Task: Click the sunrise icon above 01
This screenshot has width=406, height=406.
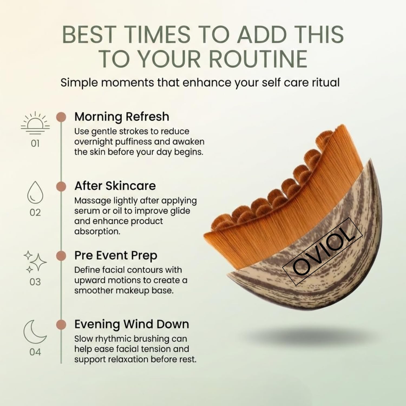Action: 35,123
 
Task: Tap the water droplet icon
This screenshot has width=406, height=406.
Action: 35,192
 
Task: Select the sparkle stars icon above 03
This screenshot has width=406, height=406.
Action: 35,262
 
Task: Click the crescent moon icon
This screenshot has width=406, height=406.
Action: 35,332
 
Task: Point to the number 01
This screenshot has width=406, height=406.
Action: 35,143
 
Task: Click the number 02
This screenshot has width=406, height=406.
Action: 35,213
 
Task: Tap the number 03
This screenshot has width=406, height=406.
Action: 35,282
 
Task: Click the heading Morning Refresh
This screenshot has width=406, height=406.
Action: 122,117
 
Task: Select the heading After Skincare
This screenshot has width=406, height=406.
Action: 115,186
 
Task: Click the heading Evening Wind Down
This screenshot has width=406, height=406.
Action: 132,324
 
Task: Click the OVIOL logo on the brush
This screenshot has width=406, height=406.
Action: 322,252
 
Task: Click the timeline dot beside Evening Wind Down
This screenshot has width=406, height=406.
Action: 61,325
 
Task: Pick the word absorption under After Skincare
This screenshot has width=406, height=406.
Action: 97,232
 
